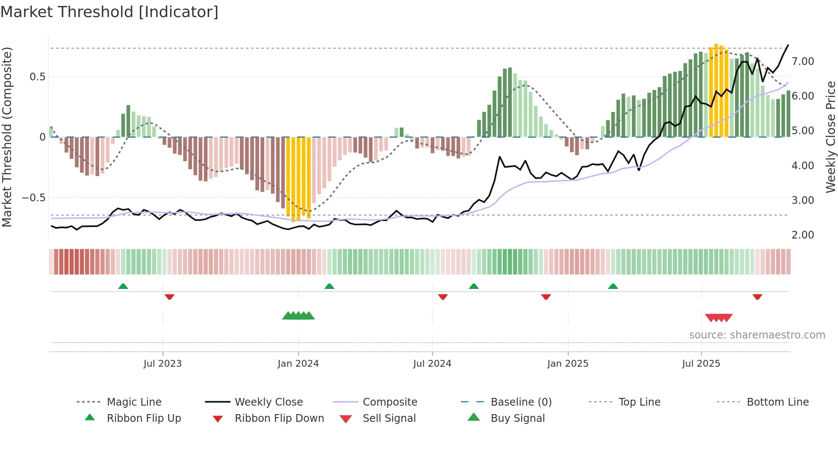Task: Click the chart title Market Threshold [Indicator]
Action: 109,12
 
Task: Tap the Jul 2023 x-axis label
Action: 162,363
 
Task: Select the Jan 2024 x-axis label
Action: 298,363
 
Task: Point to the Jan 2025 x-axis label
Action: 568,363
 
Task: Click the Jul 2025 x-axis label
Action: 701,363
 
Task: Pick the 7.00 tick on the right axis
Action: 803,61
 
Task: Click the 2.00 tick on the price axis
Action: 803,235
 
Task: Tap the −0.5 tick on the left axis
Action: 33,197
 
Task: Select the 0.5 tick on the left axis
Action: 37,77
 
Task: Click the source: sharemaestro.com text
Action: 757,335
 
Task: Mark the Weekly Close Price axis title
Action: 830,137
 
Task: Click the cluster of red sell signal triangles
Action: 719,318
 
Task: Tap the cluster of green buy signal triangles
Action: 298,316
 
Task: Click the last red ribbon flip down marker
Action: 757,297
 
